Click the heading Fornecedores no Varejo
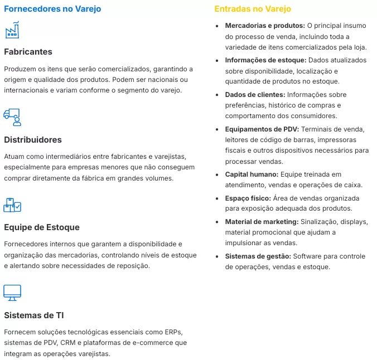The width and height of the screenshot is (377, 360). (52, 9)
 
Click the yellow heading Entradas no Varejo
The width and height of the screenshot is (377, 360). (253, 9)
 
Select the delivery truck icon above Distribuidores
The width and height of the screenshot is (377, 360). (12, 117)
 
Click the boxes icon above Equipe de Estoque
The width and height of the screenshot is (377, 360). (12, 205)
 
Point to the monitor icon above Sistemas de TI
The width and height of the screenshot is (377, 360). (12, 292)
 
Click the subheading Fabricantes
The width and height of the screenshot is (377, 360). (28, 52)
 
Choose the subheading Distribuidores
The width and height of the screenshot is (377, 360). (33, 139)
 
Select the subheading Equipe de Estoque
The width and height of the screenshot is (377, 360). (42, 227)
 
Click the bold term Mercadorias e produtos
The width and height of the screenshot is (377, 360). (265, 26)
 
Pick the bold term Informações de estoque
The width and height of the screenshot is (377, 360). (265, 60)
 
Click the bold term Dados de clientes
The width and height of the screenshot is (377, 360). (255, 95)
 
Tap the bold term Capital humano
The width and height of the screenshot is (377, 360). (251, 174)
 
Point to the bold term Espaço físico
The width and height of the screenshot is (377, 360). (248, 198)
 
